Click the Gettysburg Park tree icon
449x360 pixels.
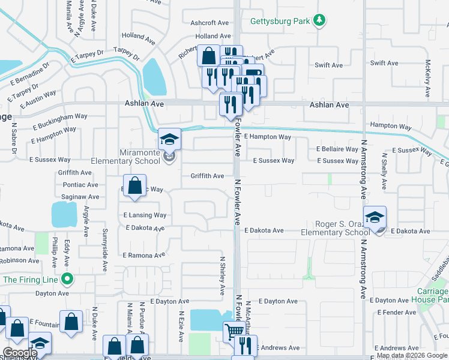coord(320,21)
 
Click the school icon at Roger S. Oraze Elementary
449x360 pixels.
coord(375,217)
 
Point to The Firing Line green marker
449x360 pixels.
coord(68,279)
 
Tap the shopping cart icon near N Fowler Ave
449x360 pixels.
coord(234,331)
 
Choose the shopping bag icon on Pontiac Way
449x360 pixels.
coord(135,185)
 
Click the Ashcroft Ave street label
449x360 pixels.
coord(210,23)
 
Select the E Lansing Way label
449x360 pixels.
coord(145,215)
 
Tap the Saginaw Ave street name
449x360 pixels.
coord(80,197)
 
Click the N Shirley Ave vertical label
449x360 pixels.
coord(221,276)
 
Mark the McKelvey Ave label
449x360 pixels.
coord(427,79)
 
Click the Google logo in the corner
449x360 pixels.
coord(20,353)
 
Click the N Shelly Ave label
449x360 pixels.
coord(384,171)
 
